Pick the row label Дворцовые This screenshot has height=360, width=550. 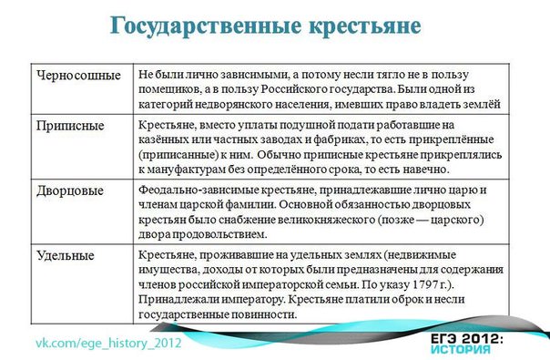[68, 191]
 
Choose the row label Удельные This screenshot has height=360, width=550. [65, 256]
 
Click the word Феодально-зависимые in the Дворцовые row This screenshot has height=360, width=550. [195, 190]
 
